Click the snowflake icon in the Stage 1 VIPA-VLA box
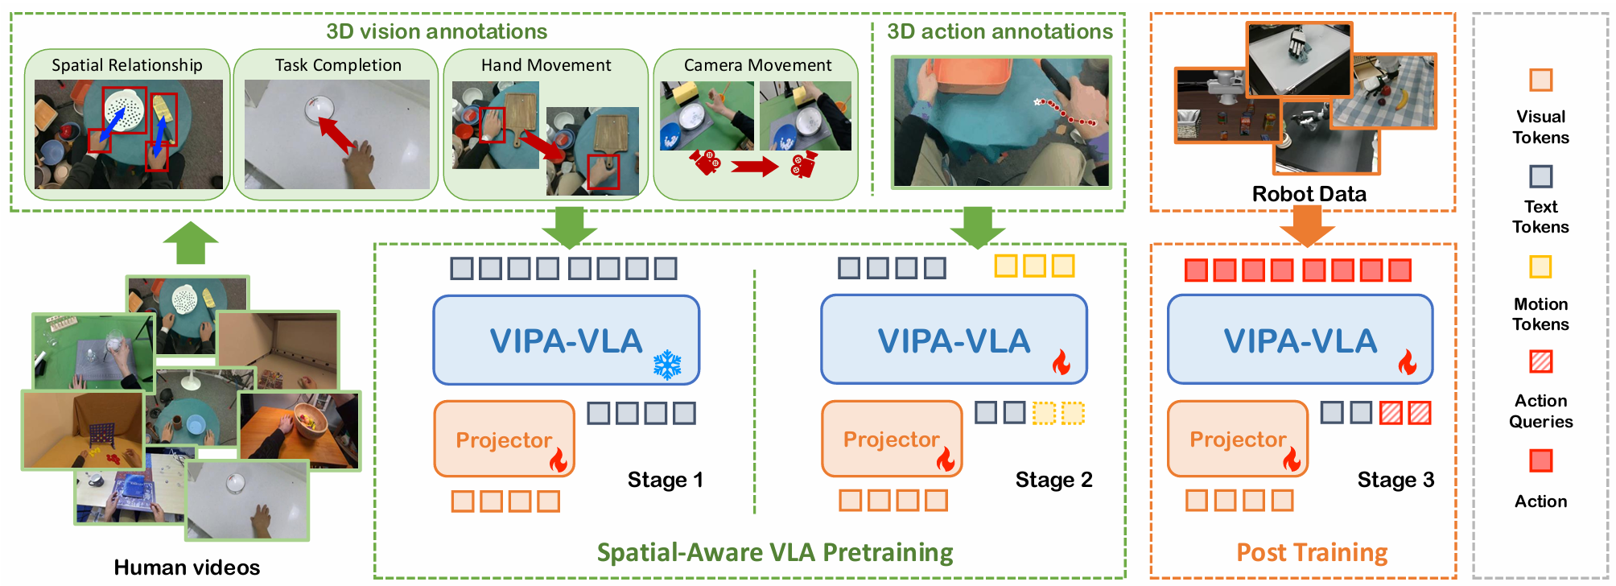click(667, 365)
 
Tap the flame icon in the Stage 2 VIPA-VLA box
click(1062, 363)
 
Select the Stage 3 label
click(1395, 481)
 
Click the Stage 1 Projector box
click(504, 439)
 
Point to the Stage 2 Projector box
click(892, 439)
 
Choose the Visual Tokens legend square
click(1540, 80)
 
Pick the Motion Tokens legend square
click(1540, 266)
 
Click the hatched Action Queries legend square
click(1540, 362)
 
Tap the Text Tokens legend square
click(1540, 176)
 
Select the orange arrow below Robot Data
click(1307, 226)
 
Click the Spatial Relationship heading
click(127, 65)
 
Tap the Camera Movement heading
click(757, 65)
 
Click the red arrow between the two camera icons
click(754, 167)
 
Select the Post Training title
click(1312, 553)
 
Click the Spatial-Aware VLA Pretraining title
click(774, 553)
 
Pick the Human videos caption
click(187, 567)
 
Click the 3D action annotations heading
click(1000, 31)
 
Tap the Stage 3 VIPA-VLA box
click(1300, 340)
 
